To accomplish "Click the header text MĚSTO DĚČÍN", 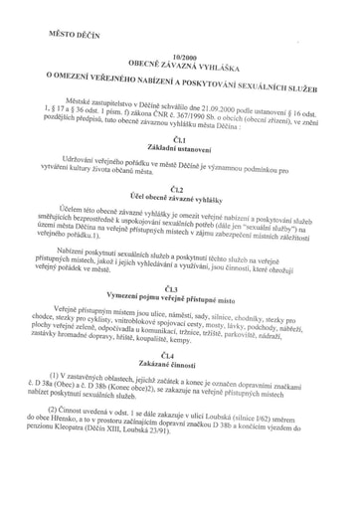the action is (x=61, y=36).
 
